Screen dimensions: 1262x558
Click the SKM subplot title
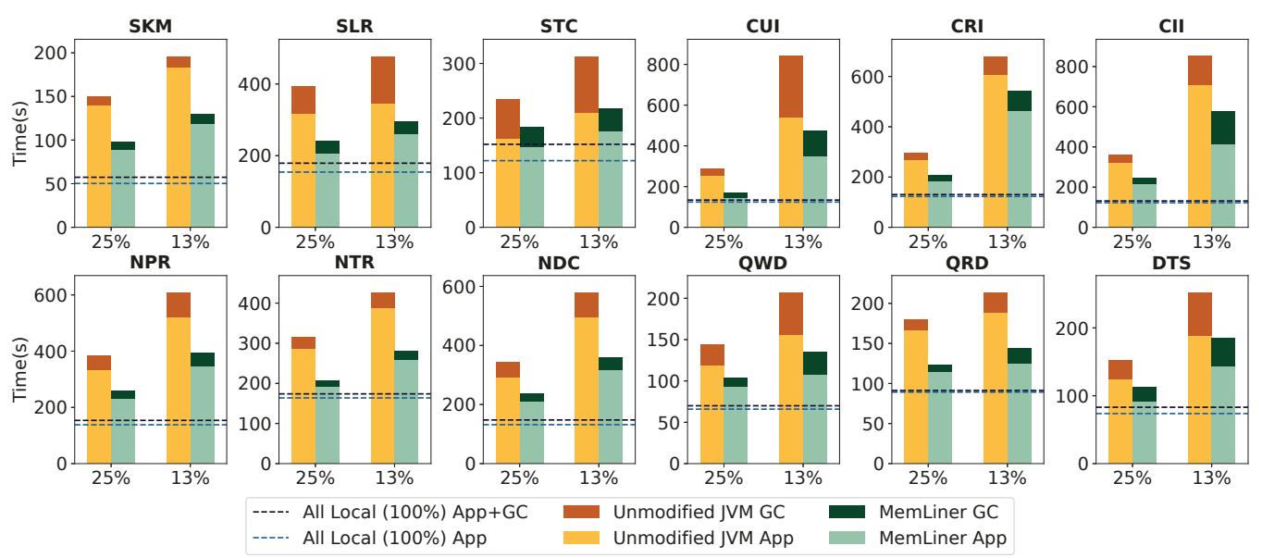point(151,26)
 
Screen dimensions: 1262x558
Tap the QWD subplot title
point(762,263)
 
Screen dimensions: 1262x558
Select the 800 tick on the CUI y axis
point(663,65)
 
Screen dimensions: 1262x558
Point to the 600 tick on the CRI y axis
point(868,76)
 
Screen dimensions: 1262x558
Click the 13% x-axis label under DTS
point(1211,478)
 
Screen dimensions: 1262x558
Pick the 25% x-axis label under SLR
point(315,242)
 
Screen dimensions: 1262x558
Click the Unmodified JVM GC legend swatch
point(581,512)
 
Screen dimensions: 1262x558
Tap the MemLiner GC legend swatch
point(847,512)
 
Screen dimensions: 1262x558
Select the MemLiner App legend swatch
point(847,538)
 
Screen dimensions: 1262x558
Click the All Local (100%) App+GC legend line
point(271,512)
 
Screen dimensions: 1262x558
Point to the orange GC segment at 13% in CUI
point(791,86)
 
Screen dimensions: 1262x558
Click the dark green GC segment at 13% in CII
point(1223,128)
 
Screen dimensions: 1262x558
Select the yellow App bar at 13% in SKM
point(179,147)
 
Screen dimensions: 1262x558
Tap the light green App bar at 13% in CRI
point(1020,169)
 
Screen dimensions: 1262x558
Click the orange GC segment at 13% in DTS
point(1199,314)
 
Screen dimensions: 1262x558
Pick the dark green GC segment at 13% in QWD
point(815,363)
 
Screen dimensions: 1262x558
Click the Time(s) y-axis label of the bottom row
point(20,369)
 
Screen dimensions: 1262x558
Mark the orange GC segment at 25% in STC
point(508,119)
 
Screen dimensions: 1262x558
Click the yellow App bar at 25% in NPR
point(99,416)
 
